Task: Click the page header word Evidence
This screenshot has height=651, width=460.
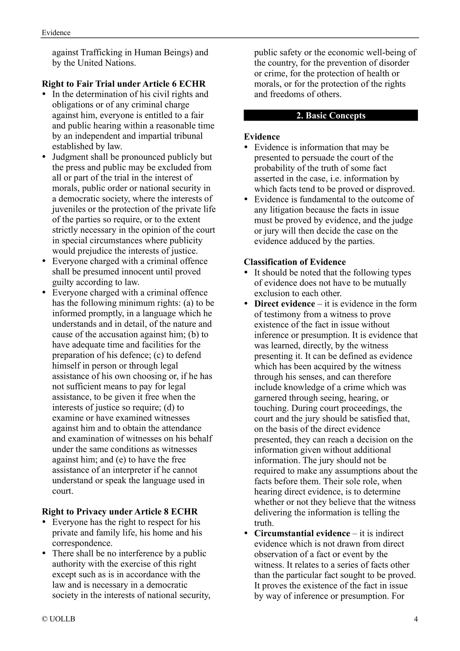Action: tap(56, 32)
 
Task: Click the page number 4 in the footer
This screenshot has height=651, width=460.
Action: tap(415, 619)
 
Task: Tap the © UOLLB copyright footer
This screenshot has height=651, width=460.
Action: tap(59, 619)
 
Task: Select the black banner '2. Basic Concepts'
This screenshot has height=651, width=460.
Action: tap(331, 115)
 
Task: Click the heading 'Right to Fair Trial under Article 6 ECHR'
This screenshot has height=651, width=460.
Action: tap(124, 84)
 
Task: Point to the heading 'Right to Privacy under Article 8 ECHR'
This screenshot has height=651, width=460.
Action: tap(120, 512)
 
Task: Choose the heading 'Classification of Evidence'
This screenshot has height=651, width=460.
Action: tap(295, 262)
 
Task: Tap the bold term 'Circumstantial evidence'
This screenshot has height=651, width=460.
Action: tap(302, 533)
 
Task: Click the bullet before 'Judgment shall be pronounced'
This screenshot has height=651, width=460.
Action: tap(45, 157)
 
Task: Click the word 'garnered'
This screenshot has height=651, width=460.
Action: tap(270, 398)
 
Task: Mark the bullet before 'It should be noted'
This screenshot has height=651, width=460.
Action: tap(246, 273)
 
